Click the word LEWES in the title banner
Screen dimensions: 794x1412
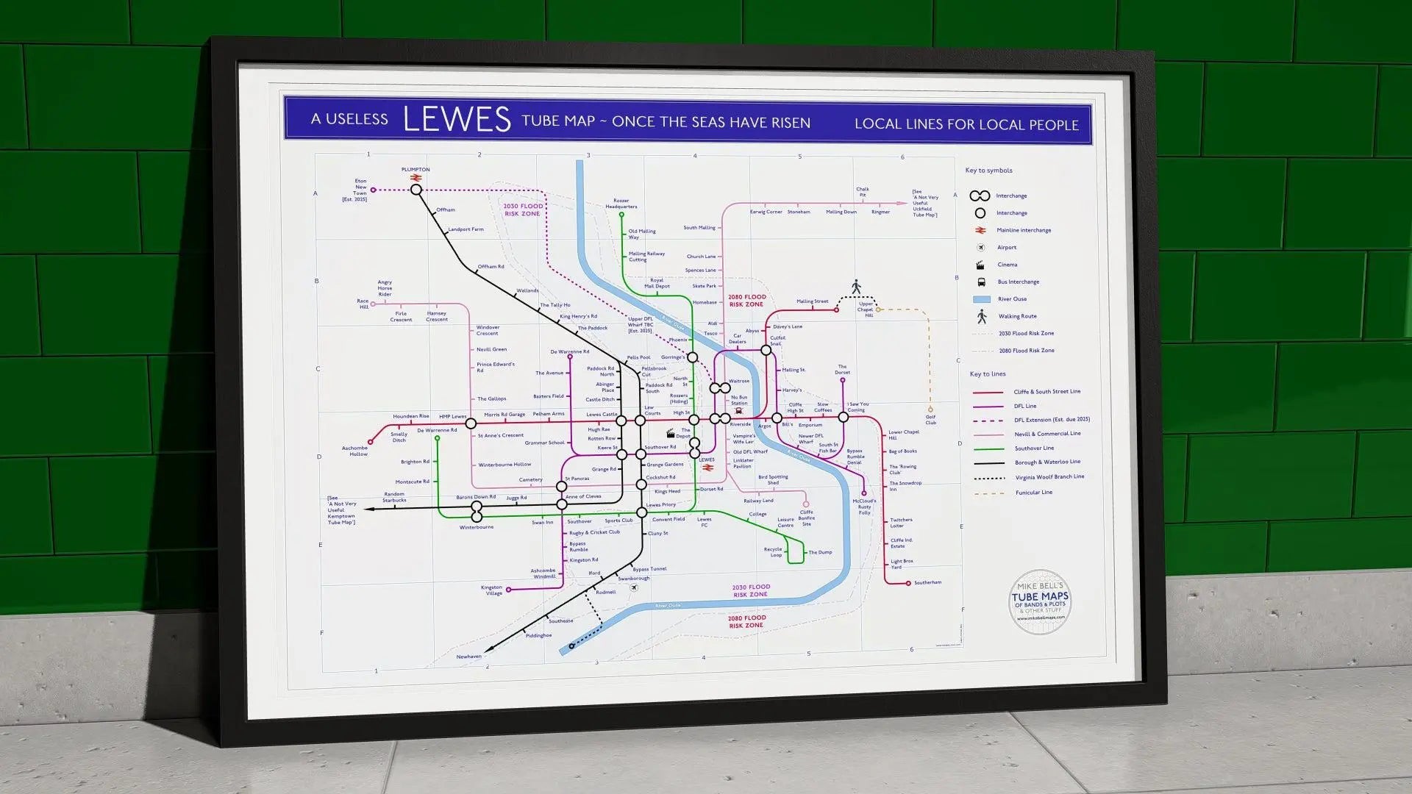457,119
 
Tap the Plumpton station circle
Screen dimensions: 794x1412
416,190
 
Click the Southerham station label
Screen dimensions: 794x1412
927,583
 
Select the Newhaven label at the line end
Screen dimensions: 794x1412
468,657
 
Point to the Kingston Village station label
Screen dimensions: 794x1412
492,590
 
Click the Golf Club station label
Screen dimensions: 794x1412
930,420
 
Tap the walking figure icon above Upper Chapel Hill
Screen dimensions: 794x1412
856,286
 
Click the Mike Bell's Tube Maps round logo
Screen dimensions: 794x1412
1040,602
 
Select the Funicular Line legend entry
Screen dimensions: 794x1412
1033,493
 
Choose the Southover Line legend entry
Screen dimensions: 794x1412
1034,448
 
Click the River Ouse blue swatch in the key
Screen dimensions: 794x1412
981,299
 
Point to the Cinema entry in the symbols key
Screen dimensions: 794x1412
1007,265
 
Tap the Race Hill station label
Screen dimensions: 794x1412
363,304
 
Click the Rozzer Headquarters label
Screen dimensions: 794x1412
621,204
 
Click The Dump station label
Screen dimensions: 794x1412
820,552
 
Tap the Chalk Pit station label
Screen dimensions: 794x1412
863,192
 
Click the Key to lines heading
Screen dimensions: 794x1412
987,374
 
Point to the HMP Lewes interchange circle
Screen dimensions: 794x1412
471,423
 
